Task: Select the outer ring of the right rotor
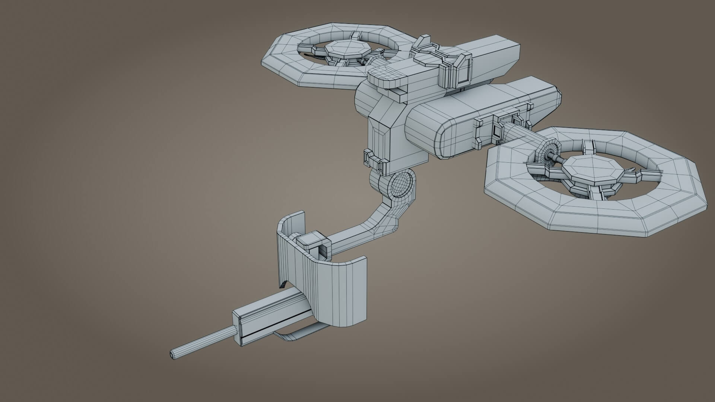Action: tap(596, 216)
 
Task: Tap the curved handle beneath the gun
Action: tap(298, 336)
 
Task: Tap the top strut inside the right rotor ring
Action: tap(588, 147)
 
